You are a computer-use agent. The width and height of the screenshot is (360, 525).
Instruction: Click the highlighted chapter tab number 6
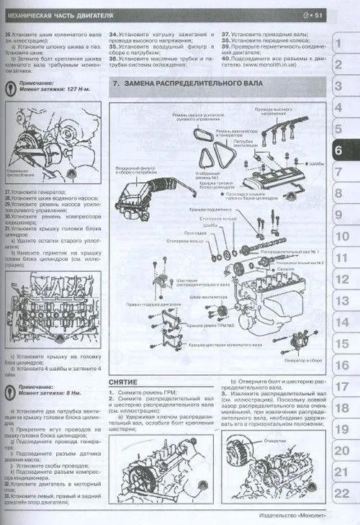(x=342, y=151)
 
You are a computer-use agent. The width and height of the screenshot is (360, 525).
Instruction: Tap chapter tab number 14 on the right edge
(x=342, y=322)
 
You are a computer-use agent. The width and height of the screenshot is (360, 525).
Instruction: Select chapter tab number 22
(x=342, y=493)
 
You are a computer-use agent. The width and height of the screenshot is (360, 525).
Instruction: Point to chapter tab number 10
(x=342, y=236)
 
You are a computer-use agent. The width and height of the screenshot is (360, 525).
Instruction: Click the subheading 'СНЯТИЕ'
(x=123, y=382)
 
